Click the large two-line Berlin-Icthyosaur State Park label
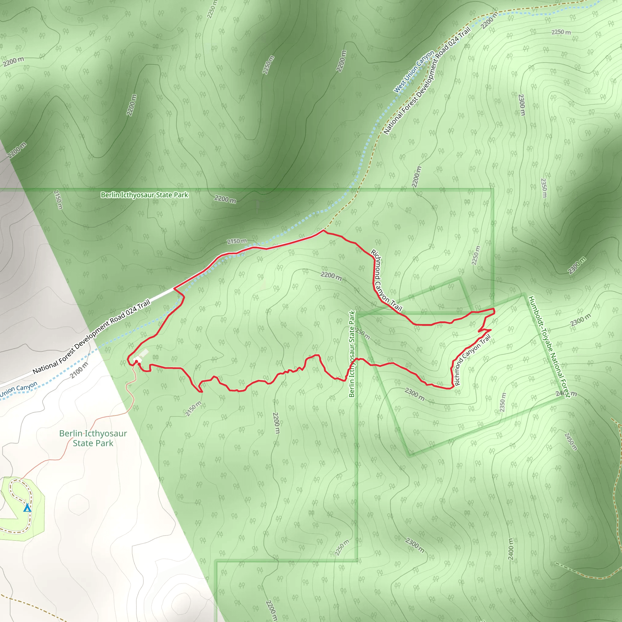point(93,438)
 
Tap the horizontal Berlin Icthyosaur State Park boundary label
point(144,195)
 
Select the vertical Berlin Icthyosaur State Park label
point(352,354)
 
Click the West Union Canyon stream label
point(414,72)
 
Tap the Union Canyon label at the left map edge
point(19,390)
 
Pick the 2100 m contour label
point(79,370)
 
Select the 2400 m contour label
point(511,549)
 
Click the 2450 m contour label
point(571,441)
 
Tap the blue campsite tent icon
point(27,508)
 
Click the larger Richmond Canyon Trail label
point(386,280)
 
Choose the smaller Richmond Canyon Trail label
point(473,360)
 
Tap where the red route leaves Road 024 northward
point(323,230)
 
